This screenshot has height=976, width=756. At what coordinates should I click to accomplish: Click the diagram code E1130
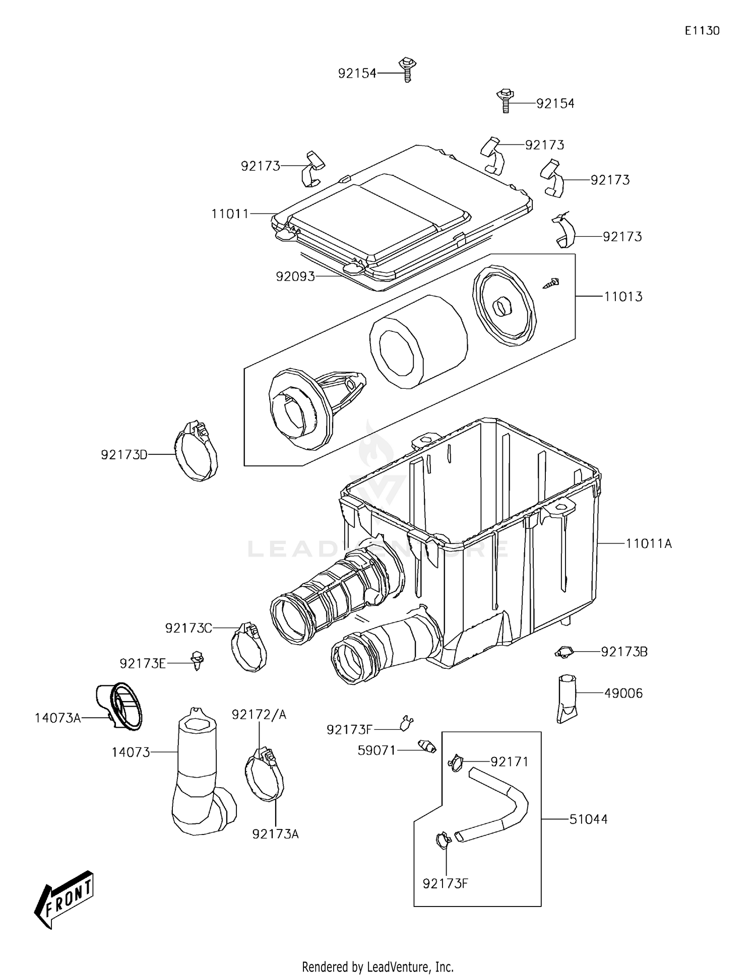click(x=702, y=31)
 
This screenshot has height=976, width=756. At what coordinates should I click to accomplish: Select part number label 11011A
click(x=649, y=544)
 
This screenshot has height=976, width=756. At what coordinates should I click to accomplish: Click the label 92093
click(x=295, y=276)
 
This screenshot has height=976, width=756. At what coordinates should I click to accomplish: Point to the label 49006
click(x=623, y=693)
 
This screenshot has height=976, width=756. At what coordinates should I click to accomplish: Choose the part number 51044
click(x=588, y=819)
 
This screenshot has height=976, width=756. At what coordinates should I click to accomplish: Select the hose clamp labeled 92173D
click(x=197, y=451)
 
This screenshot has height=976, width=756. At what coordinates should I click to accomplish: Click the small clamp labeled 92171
click(x=456, y=762)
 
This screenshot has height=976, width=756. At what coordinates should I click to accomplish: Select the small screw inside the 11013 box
click(x=552, y=283)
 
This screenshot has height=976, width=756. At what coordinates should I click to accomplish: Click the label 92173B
click(x=624, y=652)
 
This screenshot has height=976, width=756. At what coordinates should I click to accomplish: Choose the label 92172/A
click(x=259, y=715)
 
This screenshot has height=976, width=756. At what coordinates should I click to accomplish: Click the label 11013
click(x=623, y=297)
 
